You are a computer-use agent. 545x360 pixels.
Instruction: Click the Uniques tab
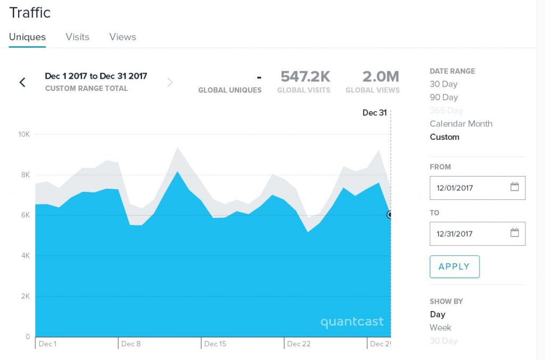[x=27, y=37]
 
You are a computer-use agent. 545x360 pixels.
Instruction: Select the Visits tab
[x=77, y=37]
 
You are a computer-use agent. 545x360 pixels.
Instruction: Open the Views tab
[x=122, y=37]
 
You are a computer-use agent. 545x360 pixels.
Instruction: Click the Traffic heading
[x=30, y=13]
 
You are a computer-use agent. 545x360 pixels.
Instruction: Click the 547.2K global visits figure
[x=305, y=77]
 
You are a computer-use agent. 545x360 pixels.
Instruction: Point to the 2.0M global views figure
[x=381, y=77]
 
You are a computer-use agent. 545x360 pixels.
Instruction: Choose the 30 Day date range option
[x=443, y=84]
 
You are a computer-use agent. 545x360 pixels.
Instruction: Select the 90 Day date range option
[x=443, y=97]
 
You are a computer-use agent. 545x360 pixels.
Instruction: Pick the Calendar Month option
[x=461, y=124]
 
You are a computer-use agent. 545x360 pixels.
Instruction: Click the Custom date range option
[x=444, y=137]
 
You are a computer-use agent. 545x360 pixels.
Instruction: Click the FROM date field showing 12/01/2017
[x=468, y=188]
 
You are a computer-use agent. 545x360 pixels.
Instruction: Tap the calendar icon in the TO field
[x=514, y=233]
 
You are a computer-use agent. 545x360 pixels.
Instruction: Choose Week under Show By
[x=440, y=328]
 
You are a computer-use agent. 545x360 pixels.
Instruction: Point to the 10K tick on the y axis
[x=24, y=134]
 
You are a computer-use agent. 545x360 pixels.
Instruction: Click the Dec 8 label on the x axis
[x=131, y=344]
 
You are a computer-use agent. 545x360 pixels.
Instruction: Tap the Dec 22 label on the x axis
[x=299, y=344]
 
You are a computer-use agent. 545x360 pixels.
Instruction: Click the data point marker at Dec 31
[x=390, y=215]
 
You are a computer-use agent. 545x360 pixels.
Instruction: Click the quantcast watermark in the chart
[x=352, y=322]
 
